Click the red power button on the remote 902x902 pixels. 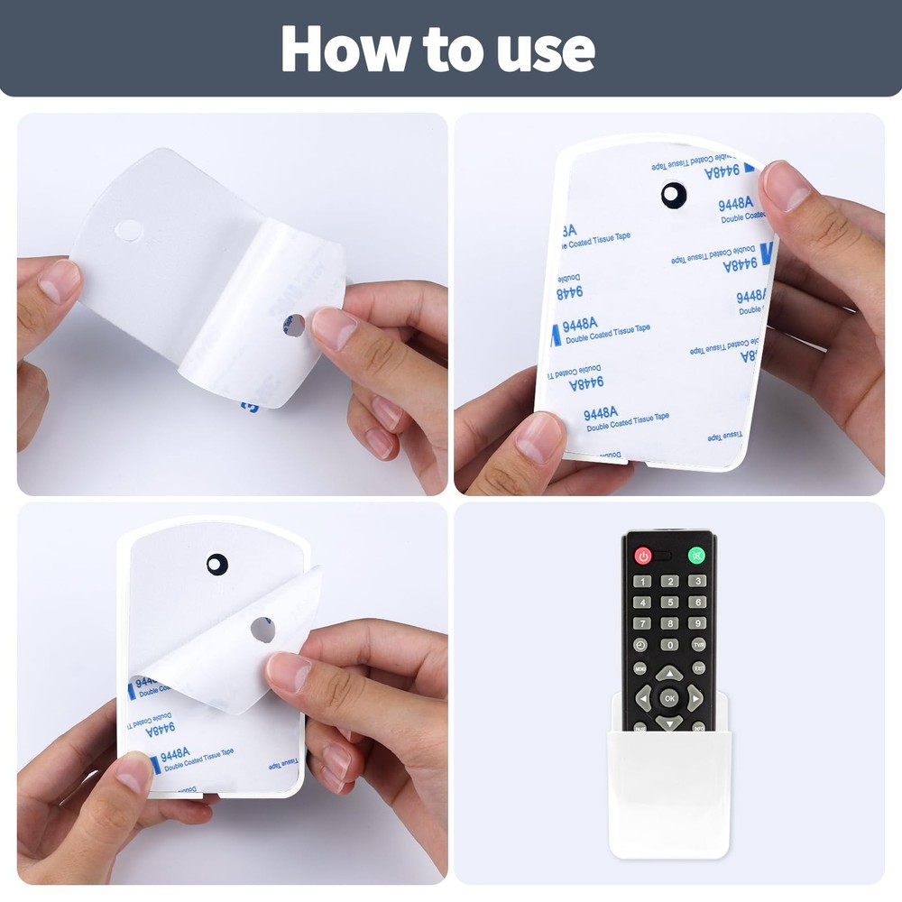pyautogui.click(x=643, y=556)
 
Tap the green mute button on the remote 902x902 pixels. pyautogui.click(x=696, y=556)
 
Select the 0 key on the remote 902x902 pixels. pyautogui.click(x=669, y=645)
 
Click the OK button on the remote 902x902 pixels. pyautogui.click(x=669, y=697)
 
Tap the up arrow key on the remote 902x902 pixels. pyautogui.click(x=669, y=673)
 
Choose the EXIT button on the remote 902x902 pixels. pyautogui.click(x=699, y=668)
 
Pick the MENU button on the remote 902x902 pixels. pyautogui.click(x=640, y=668)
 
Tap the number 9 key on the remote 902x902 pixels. pyautogui.click(x=697, y=623)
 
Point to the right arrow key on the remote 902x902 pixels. pyautogui.click(x=695, y=697)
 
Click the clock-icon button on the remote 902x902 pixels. pyautogui.click(x=640, y=645)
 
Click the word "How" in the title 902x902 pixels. pyautogui.click(x=338, y=49)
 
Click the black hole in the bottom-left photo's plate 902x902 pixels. pyautogui.click(x=217, y=565)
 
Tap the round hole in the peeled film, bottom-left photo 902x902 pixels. pyautogui.click(x=262, y=630)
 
